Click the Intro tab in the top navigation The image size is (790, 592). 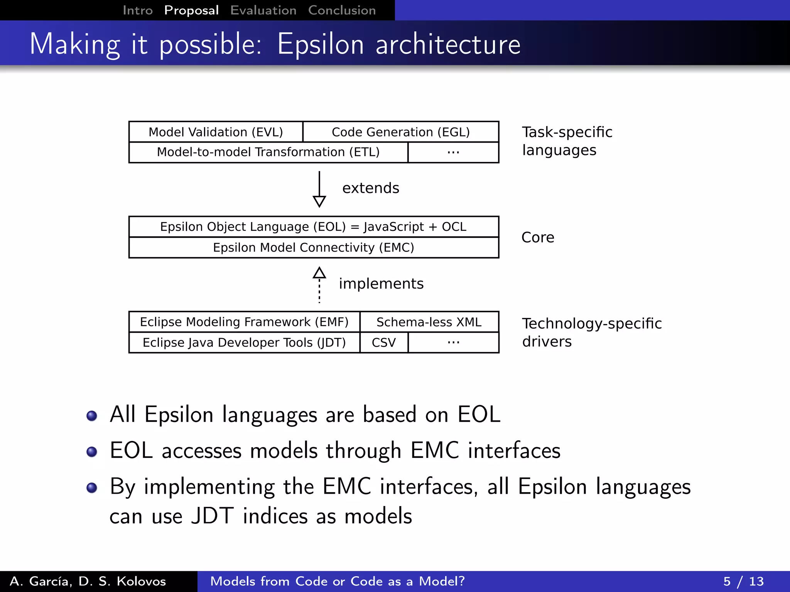tap(137, 10)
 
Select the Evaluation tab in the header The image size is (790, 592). tap(263, 10)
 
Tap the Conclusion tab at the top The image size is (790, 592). tap(342, 10)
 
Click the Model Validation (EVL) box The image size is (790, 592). tap(216, 132)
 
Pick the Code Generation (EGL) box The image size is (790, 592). tap(401, 132)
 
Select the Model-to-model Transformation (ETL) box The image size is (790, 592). tap(268, 152)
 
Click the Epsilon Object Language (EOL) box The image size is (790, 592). tap(313, 227)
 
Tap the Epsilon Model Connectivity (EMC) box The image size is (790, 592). tap(313, 247)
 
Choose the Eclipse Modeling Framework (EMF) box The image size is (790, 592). tap(244, 322)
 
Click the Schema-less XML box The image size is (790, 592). tap(429, 322)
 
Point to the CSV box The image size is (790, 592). tap(384, 343)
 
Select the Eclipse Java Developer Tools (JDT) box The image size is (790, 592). tap(244, 343)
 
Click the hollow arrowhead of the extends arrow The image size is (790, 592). tap(319, 201)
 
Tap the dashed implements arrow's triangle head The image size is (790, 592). tap(319, 273)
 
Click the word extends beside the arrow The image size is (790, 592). tap(370, 188)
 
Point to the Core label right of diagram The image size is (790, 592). tap(538, 237)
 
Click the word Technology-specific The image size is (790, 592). tap(592, 324)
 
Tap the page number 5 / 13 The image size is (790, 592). tap(743, 581)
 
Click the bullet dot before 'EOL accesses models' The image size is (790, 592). tap(92, 452)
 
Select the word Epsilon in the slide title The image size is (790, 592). tap(321, 44)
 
